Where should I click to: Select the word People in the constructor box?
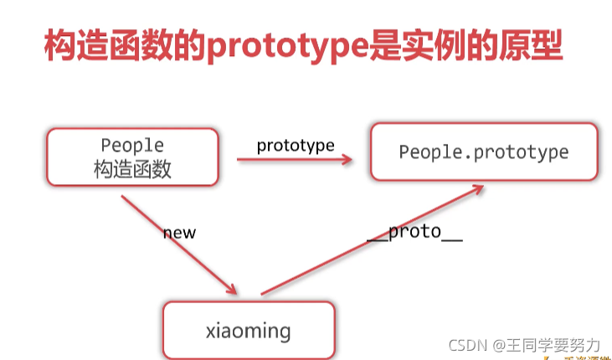(x=132, y=146)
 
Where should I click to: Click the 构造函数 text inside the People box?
(x=132, y=169)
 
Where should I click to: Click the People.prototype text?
(x=483, y=152)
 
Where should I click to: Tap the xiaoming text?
(x=248, y=330)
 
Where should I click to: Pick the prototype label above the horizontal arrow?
(x=296, y=145)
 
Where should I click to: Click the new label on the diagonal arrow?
(x=178, y=232)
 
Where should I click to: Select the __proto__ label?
(x=414, y=232)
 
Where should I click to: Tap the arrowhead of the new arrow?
(x=234, y=290)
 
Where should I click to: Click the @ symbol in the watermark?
(x=498, y=345)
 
